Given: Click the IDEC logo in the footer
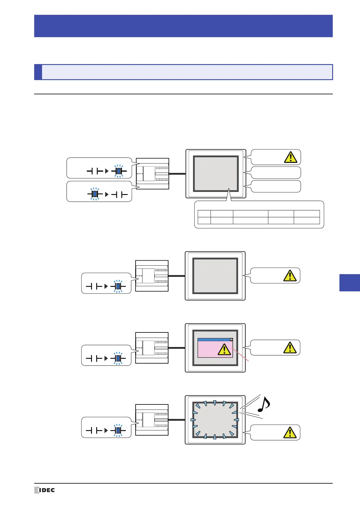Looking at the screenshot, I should (44, 490).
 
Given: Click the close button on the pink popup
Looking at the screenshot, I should (231, 339).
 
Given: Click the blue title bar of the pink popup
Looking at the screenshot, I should (214, 340).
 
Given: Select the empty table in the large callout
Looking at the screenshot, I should (259, 217).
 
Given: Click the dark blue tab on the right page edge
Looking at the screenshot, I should (350, 283).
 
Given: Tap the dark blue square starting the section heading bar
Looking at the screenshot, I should (38, 72).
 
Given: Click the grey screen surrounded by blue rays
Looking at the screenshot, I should (215, 420).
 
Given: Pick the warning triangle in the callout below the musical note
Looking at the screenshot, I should (290, 433).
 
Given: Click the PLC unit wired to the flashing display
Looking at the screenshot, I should (152, 420).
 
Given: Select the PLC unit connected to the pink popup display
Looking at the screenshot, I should (152, 348).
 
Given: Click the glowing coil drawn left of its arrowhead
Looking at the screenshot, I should (95, 194).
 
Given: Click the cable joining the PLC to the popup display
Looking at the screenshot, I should (177, 348).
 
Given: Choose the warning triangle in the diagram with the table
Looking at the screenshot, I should (290, 157).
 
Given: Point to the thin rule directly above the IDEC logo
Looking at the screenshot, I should (183, 483).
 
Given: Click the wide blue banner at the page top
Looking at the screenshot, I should (183, 26).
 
